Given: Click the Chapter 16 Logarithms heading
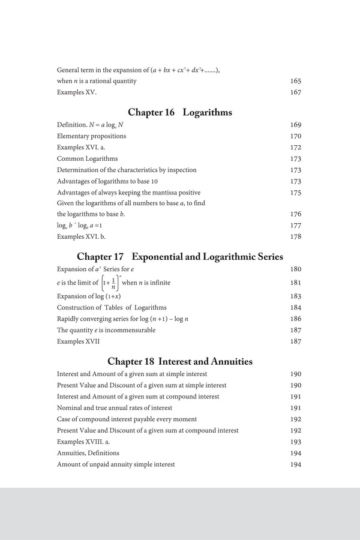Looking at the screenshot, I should (x=180, y=112).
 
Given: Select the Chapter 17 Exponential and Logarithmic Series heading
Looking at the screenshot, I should (x=180, y=257).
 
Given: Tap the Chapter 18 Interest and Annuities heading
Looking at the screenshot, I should (x=180, y=361).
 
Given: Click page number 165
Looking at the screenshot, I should (x=295, y=81).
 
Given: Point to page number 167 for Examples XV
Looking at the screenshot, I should (x=295, y=92).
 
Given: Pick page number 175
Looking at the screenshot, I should (x=295, y=193).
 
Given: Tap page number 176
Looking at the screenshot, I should (x=295, y=214).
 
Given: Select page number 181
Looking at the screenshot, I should (x=295, y=283).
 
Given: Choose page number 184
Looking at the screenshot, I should (x=295, y=308).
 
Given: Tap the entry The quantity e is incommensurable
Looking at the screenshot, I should (x=106, y=330).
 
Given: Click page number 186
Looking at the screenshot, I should (x=295, y=319).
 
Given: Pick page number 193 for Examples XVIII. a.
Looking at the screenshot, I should (x=295, y=442).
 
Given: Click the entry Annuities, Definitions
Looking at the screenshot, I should (x=88, y=453).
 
